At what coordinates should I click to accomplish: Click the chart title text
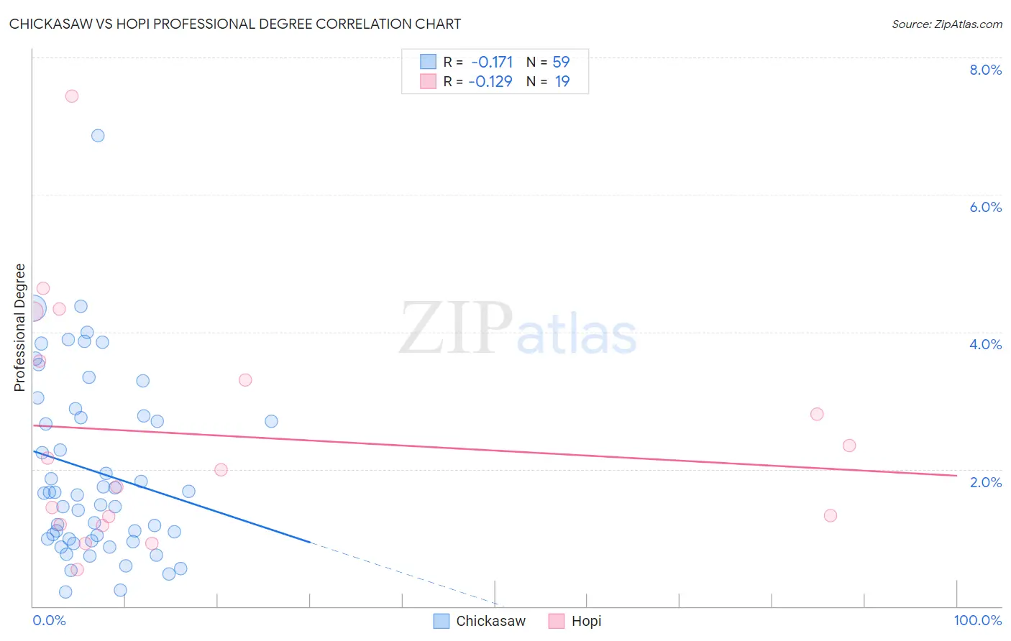(x=235, y=24)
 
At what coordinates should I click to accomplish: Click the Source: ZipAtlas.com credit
(x=946, y=24)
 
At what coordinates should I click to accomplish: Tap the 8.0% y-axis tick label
(x=985, y=70)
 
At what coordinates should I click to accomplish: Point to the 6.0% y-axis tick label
(x=985, y=207)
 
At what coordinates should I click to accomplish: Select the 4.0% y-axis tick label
(x=985, y=344)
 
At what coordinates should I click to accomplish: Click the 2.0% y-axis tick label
(x=985, y=482)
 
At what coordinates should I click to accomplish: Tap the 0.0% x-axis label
(x=49, y=620)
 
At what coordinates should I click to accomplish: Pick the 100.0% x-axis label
(x=977, y=620)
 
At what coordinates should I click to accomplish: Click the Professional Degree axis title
(x=19, y=328)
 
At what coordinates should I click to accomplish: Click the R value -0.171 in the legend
(x=492, y=62)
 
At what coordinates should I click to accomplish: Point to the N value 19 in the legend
(x=562, y=81)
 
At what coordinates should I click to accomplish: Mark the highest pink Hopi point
(x=72, y=96)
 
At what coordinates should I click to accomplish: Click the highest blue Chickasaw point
(x=98, y=136)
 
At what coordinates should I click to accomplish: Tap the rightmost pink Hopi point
(x=849, y=446)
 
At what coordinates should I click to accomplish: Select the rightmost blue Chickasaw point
(x=271, y=421)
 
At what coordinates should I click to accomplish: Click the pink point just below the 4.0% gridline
(x=245, y=380)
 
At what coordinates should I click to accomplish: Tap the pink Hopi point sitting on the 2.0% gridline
(x=221, y=470)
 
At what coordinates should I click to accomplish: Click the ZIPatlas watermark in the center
(x=518, y=329)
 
